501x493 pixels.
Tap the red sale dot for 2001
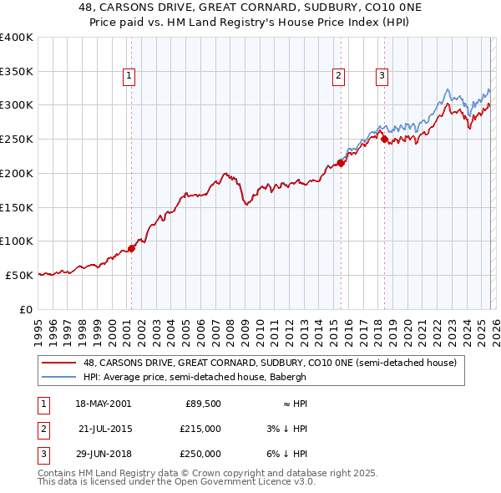(131, 248)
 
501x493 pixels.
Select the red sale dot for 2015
(341, 163)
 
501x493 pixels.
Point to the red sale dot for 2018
(384, 140)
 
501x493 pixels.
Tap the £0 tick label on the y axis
(25, 309)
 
